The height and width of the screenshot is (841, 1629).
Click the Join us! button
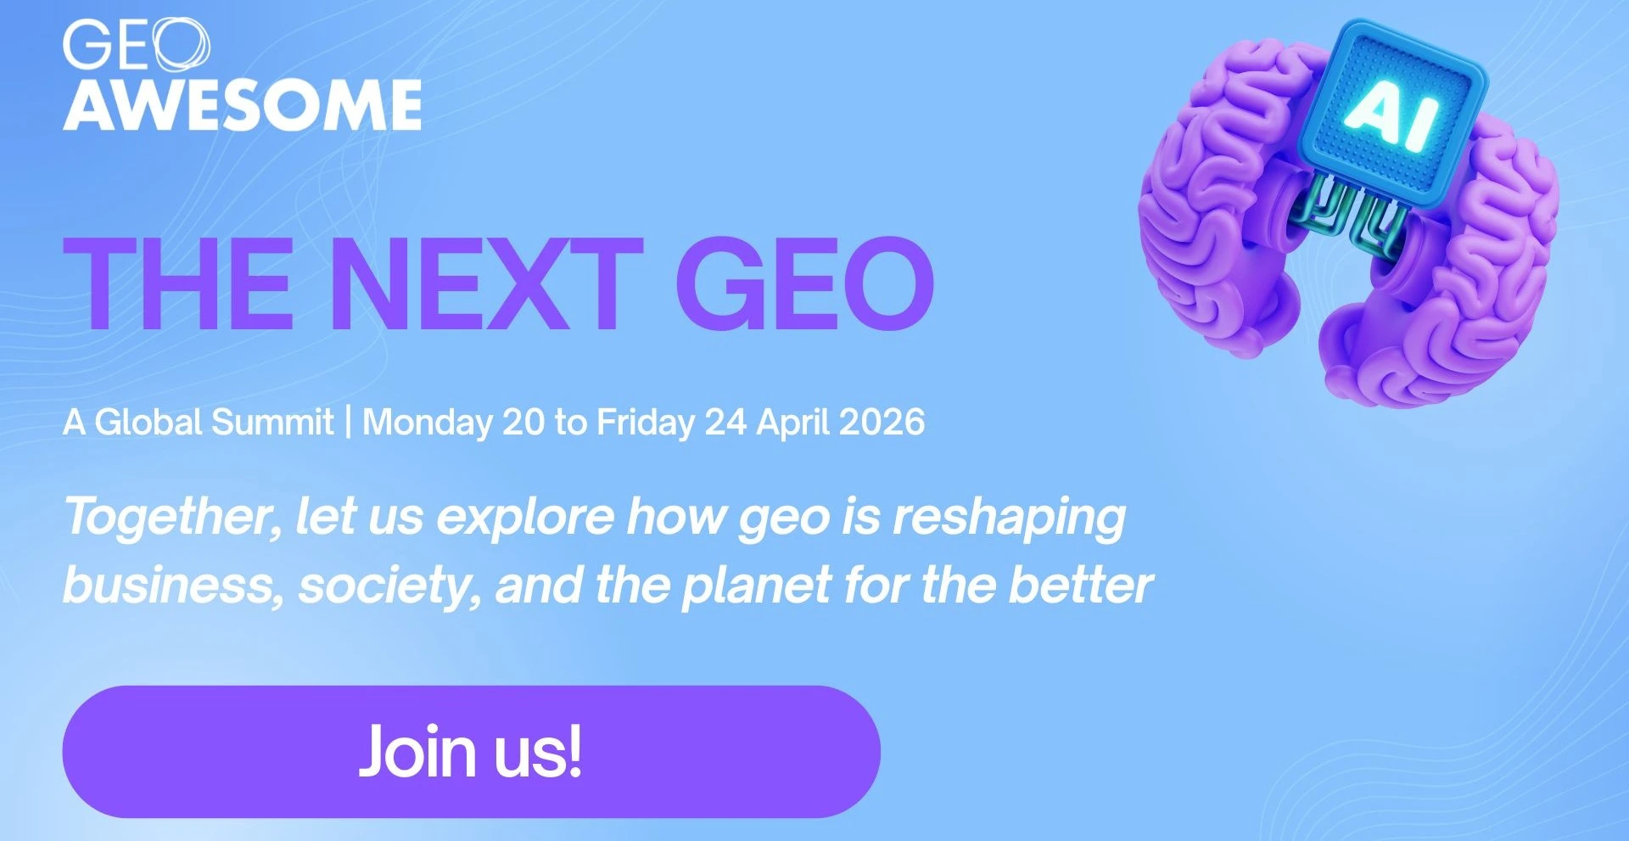point(471,752)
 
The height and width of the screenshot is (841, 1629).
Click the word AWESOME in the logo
point(243,105)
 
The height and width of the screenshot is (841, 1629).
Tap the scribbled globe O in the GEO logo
point(181,44)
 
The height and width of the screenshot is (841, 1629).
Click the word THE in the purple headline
point(179,283)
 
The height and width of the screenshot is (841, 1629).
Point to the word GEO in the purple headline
point(805,283)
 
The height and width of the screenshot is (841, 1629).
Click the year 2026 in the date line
point(882,422)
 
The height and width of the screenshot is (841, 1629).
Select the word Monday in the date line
point(428,423)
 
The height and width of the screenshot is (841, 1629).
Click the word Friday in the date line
point(646,423)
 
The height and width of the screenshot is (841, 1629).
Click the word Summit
point(272,422)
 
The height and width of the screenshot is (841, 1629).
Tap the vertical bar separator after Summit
point(348,423)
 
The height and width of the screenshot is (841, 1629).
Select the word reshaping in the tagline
point(1010,518)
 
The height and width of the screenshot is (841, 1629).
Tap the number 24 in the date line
point(725,422)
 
